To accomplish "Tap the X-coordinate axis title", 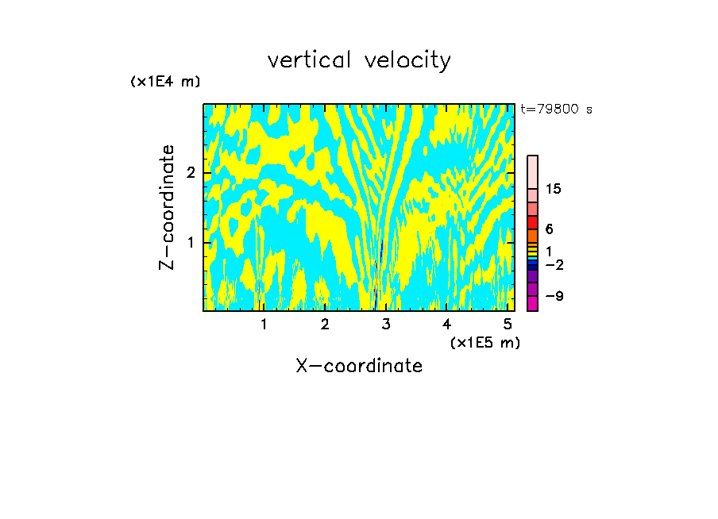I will (x=359, y=366).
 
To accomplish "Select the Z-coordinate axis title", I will (x=167, y=207).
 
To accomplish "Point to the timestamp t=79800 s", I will (x=556, y=110).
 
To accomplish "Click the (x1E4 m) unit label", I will (x=165, y=82).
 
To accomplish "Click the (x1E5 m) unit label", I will (x=484, y=342).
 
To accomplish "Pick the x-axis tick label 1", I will (x=264, y=325).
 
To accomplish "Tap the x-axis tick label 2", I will (x=325, y=325).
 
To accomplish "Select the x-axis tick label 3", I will (x=386, y=325).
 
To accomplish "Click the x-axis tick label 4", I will (x=446, y=325).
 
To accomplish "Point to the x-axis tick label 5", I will (x=508, y=325).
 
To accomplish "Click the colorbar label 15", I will (x=554, y=189).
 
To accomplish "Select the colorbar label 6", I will (x=549, y=229).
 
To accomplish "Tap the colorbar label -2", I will (x=554, y=264).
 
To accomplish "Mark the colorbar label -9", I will (x=554, y=296).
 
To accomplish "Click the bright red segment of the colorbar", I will (x=532, y=223).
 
